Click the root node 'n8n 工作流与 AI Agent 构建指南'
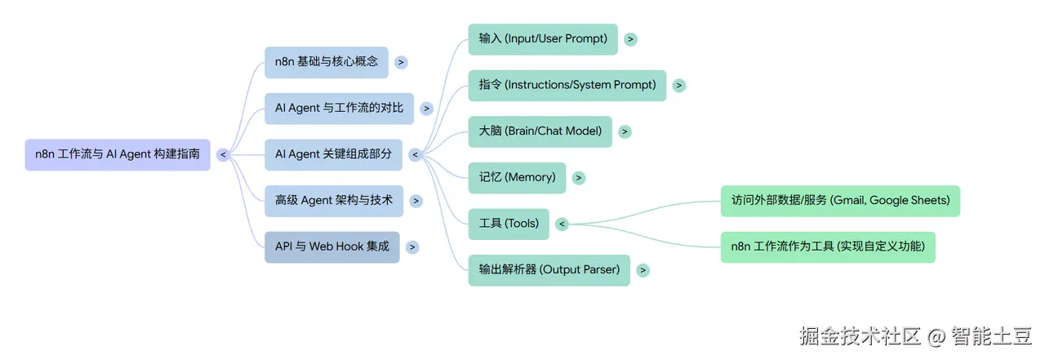[x=118, y=155]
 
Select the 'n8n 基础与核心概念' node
[x=327, y=62]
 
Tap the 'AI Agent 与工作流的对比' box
[x=339, y=109]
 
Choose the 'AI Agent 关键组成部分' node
[x=334, y=155]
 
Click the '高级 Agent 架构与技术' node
[x=334, y=201]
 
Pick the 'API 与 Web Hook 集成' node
[x=332, y=247]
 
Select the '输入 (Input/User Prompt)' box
[x=543, y=39]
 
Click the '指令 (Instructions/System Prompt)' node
[x=567, y=86]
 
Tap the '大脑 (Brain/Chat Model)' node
[x=540, y=131]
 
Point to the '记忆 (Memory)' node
[x=518, y=178]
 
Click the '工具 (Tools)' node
[x=509, y=224]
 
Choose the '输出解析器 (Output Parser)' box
[x=549, y=270]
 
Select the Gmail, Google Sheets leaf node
[x=841, y=201]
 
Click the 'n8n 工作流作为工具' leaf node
[x=828, y=247]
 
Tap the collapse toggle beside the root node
[x=223, y=155]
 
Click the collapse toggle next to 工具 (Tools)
[x=563, y=224]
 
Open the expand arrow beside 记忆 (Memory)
[x=579, y=178]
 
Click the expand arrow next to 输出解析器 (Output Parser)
[x=643, y=270]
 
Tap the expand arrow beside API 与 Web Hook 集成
[x=412, y=247]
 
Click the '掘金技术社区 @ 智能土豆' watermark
[x=916, y=336]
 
